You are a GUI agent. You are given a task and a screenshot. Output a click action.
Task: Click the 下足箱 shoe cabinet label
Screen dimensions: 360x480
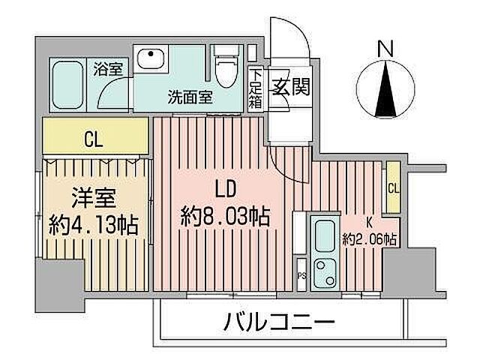click(256, 88)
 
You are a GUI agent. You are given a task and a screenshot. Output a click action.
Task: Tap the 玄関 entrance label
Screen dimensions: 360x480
click(286, 85)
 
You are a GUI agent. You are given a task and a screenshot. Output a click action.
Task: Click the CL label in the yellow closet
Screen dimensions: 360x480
click(93, 139)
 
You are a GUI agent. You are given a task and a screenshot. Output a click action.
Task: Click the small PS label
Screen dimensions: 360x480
click(301, 276)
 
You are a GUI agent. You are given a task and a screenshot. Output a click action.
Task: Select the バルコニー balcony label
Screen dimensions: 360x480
click(279, 324)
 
